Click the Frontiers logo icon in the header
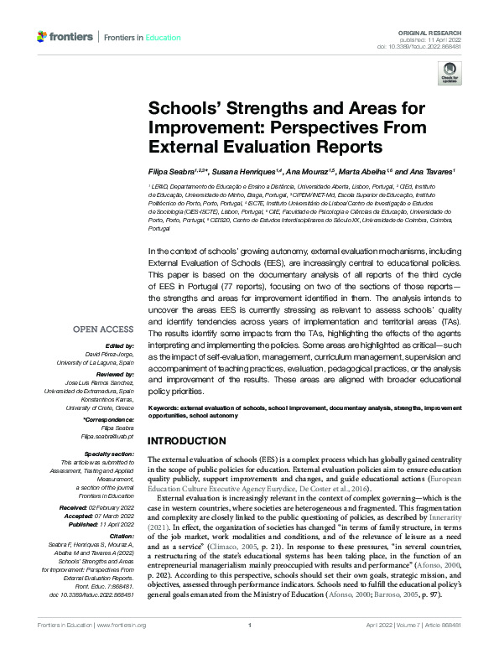click(x=43, y=37)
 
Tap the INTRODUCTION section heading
click(x=186, y=441)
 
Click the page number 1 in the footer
click(x=250, y=647)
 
